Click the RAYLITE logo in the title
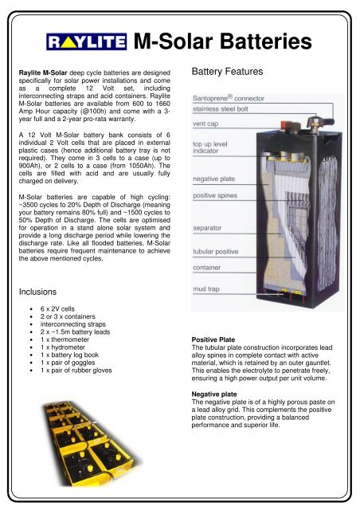tap(87, 41)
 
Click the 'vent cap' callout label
tap(206, 124)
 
